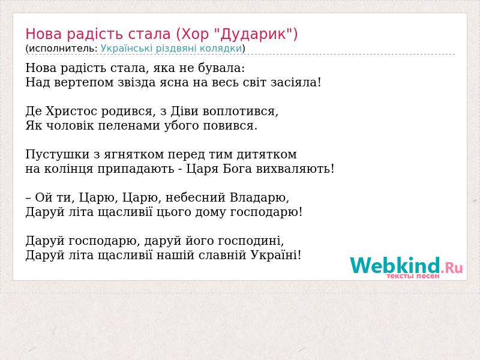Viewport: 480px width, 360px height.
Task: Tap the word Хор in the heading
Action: pos(194,34)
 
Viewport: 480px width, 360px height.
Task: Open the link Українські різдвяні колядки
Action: pos(171,49)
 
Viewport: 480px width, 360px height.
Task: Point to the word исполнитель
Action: pos(63,49)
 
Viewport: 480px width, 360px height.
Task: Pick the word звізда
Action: pos(137,82)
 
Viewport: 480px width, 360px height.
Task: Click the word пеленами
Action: pos(129,126)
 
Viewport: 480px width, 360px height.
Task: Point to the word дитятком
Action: pos(266,155)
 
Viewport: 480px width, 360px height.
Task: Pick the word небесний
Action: pos(196,197)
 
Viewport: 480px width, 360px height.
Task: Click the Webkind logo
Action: pos(406,266)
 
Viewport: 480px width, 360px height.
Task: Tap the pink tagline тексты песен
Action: pos(413,276)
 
